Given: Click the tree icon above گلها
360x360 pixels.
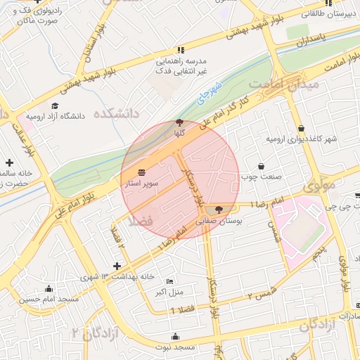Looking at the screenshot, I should [180, 123].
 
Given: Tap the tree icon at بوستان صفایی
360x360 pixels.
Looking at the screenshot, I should [218, 209].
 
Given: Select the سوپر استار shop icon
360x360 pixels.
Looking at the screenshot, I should [142, 172].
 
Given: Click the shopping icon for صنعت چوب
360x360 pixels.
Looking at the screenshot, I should [262, 167].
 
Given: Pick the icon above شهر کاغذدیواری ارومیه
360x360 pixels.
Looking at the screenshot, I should [302, 129].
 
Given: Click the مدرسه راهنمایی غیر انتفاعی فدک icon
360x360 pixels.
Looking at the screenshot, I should [181, 50].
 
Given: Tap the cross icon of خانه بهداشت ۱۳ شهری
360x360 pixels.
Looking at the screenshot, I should [117, 266].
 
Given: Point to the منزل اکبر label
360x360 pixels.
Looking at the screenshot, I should [169, 291].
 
